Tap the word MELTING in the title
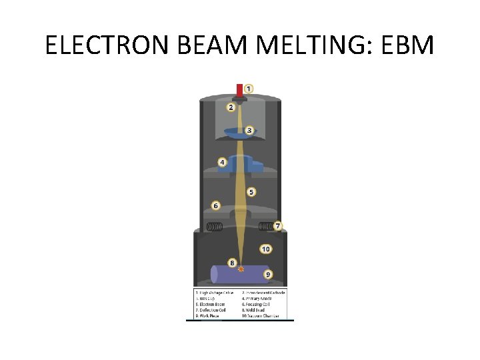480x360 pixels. tap(307, 45)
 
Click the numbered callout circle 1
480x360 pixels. tap(248, 88)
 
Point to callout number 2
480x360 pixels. tap(231, 107)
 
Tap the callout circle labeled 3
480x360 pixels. tap(249, 130)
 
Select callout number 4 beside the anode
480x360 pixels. tap(222, 162)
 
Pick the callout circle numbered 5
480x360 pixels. tap(251, 192)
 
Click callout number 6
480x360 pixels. tap(215, 206)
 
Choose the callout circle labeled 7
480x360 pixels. tap(277, 226)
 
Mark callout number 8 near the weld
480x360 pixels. tap(232, 263)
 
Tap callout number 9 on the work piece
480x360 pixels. tap(267, 274)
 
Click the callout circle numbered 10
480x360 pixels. tap(265, 249)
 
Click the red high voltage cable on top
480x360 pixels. tap(240, 91)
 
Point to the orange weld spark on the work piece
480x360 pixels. tap(241, 269)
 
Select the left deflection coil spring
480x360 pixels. tap(214, 226)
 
